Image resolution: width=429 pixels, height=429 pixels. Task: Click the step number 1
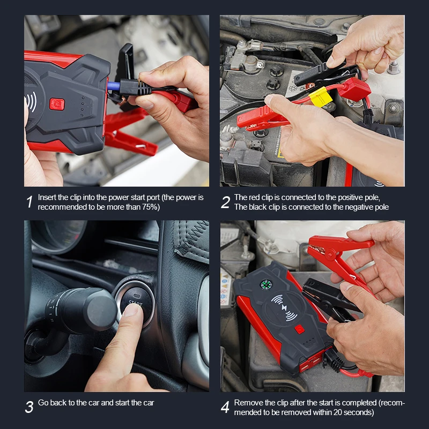click(29, 202)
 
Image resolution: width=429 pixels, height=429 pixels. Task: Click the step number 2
click(225, 202)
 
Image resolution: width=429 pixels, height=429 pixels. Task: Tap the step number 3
click(29, 407)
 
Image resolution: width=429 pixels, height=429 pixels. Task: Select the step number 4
click(225, 407)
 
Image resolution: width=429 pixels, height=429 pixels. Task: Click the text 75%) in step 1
click(151, 207)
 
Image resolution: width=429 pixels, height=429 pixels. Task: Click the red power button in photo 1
click(57, 104)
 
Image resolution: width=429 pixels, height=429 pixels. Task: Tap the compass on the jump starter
click(265, 285)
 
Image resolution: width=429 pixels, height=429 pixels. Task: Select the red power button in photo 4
click(300, 329)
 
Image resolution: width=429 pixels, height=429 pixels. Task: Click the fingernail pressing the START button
click(131, 310)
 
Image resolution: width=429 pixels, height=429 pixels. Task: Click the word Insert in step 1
click(47, 197)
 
